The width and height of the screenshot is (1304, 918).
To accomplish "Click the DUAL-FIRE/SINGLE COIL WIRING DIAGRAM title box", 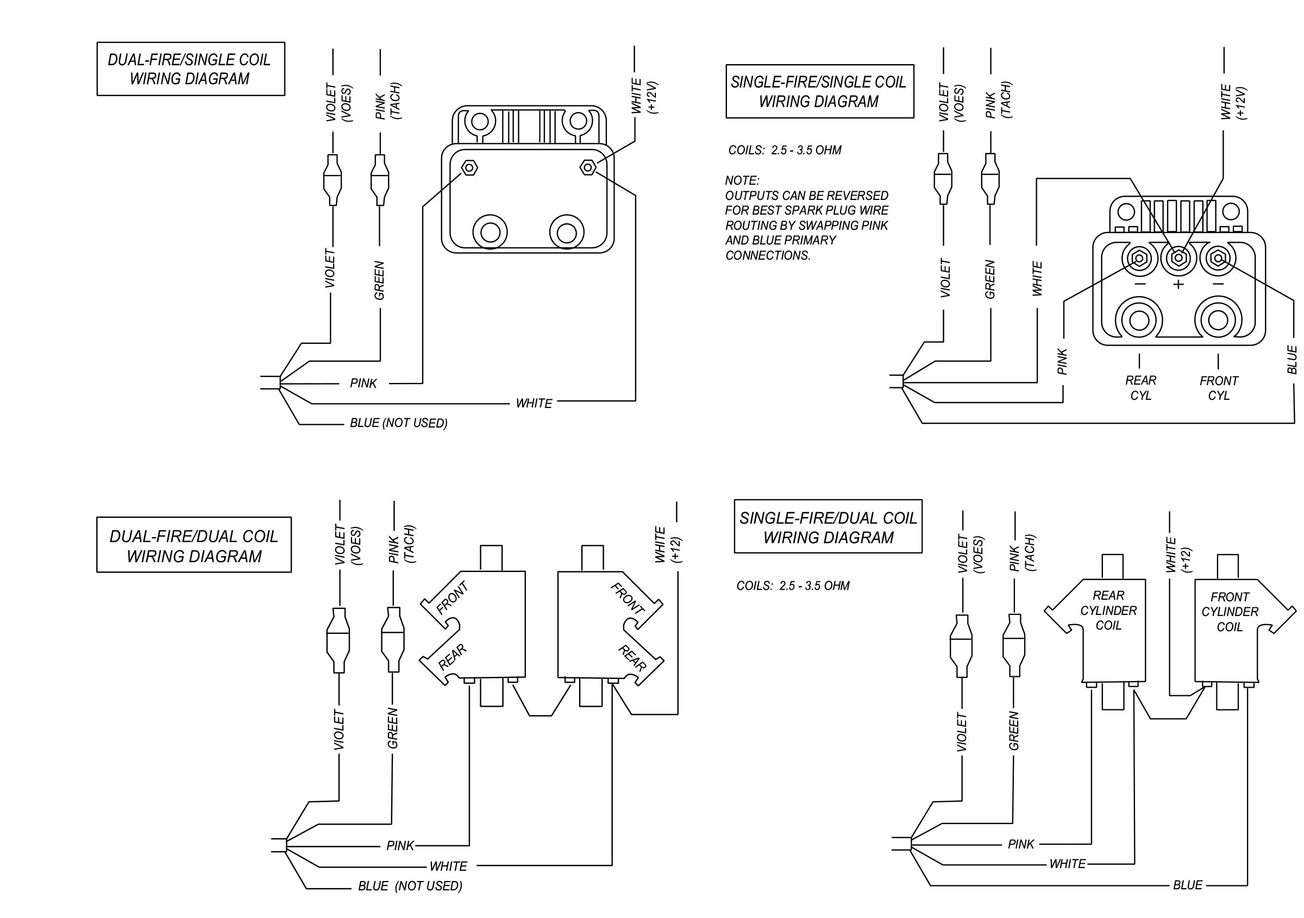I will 190,68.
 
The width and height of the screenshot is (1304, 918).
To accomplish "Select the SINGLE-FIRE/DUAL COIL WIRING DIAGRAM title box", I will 827,527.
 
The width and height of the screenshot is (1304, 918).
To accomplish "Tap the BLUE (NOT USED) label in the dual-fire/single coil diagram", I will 398,423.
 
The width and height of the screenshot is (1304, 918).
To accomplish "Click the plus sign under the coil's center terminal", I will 1178,284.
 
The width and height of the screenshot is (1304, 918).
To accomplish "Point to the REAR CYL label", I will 1140,387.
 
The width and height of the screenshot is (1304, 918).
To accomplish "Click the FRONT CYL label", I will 1219,388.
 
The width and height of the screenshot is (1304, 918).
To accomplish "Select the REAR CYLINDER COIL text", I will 1108,611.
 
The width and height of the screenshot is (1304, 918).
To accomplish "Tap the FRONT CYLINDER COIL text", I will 1230,612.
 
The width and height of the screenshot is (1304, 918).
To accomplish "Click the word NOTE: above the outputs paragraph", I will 742,180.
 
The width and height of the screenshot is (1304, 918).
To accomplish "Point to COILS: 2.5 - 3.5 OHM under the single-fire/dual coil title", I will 793,586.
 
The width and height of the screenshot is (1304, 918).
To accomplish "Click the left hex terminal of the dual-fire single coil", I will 469,168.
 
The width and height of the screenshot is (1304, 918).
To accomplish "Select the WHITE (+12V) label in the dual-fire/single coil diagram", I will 643,97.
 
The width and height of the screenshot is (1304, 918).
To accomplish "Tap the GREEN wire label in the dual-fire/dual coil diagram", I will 392,728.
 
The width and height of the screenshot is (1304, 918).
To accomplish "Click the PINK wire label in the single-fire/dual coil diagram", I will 1020,844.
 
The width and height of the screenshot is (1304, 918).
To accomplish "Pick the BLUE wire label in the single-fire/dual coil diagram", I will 1188,885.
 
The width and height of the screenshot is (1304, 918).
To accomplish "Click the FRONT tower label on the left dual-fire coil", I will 452,599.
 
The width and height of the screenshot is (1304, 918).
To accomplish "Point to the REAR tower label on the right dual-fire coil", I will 631,658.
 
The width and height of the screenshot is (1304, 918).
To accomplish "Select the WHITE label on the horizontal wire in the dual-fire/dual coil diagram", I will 448,866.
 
